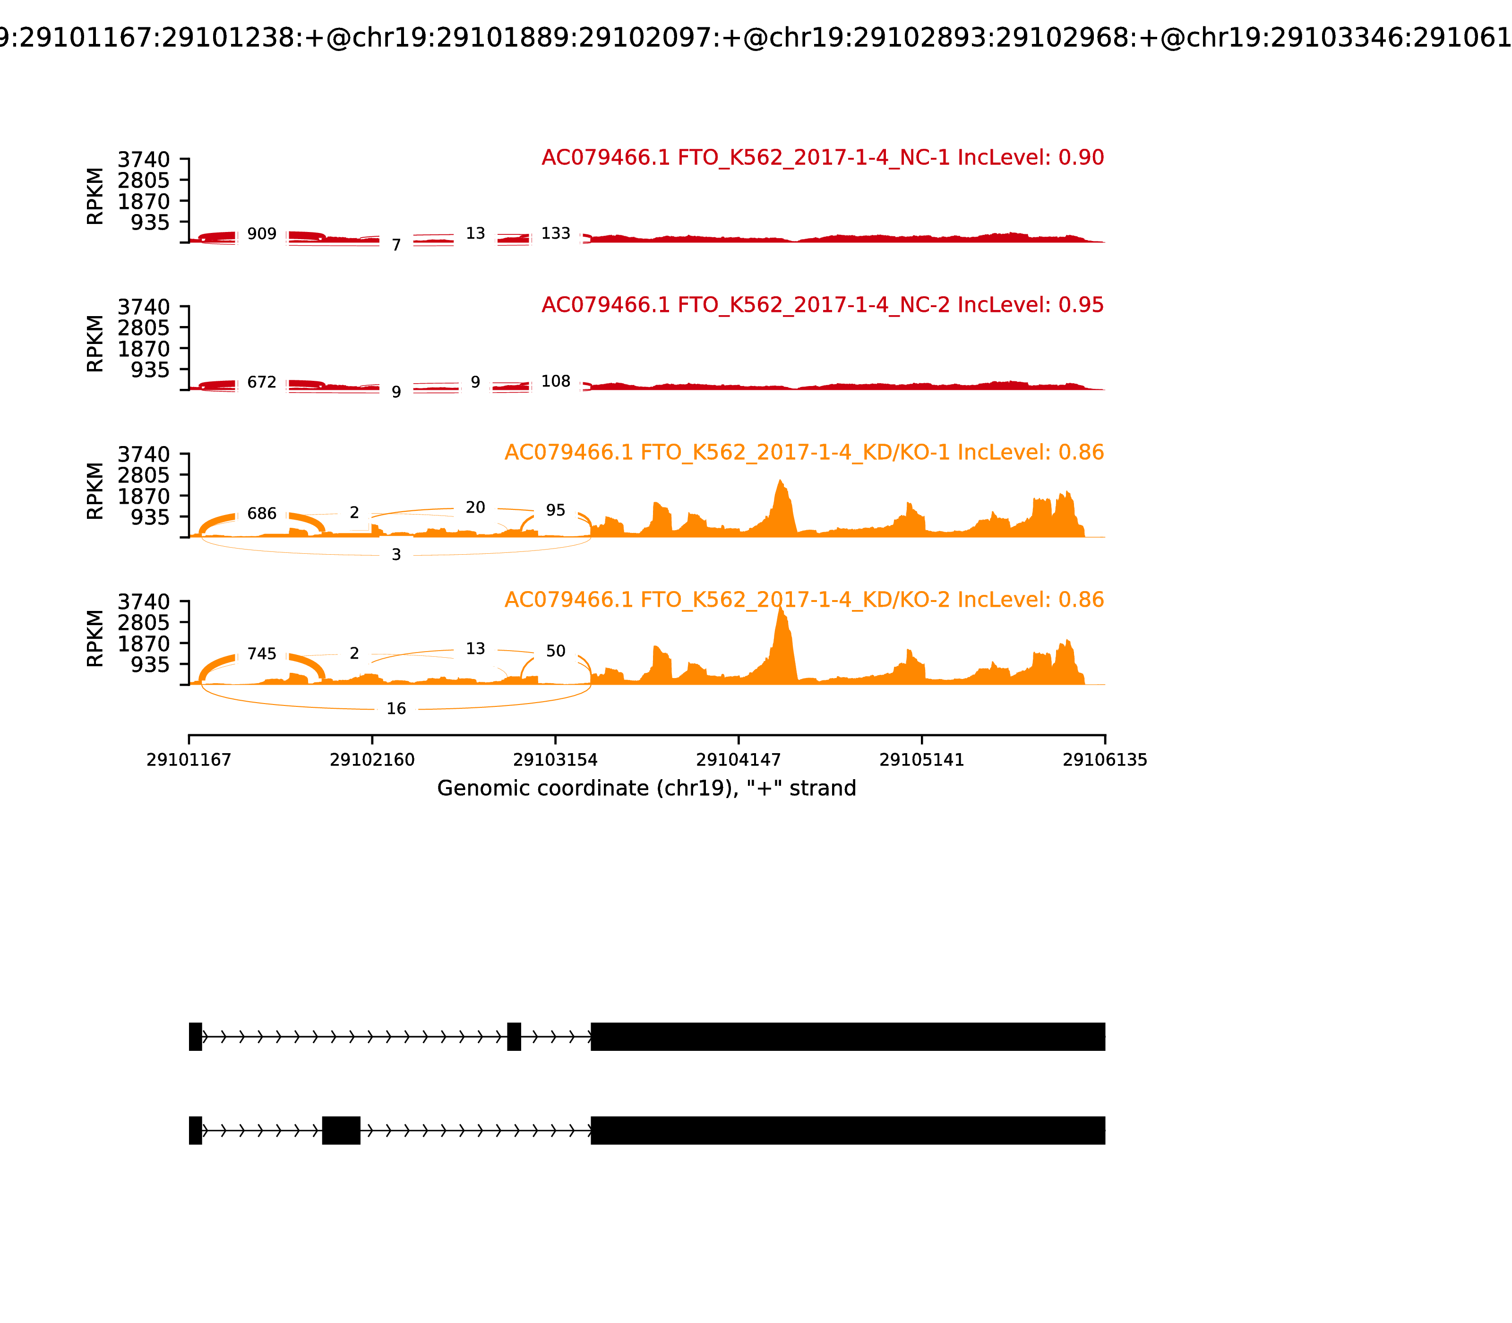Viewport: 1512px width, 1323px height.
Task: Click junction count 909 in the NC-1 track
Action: pyautogui.click(x=261, y=234)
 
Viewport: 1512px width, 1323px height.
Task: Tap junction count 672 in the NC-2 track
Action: pyautogui.click(x=261, y=382)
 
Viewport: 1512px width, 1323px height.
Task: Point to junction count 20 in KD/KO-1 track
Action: pyautogui.click(x=475, y=507)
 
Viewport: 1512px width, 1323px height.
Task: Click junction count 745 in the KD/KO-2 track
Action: pyautogui.click(x=261, y=654)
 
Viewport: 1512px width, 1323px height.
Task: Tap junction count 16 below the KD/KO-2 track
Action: pyautogui.click(x=396, y=709)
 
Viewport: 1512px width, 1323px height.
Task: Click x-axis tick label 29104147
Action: pyautogui.click(x=738, y=760)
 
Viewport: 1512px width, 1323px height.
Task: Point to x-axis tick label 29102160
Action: pyautogui.click(x=372, y=760)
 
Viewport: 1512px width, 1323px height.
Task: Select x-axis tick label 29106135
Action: pyautogui.click(x=1105, y=760)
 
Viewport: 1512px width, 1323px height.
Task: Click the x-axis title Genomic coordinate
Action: pyautogui.click(x=647, y=789)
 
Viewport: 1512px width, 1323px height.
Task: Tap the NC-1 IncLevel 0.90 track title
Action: pyautogui.click(x=823, y=157)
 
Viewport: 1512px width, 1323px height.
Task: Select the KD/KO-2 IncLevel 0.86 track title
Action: pyautogui.click(x=804, y=600)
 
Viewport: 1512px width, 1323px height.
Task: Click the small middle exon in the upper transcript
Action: pyautogui.click(x=514, y=1037)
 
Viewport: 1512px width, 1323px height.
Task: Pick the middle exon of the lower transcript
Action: pyautogui.click(x=341, y=1130)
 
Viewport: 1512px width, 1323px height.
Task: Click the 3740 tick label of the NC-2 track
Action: pyautogui.click(x=143, y=307)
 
